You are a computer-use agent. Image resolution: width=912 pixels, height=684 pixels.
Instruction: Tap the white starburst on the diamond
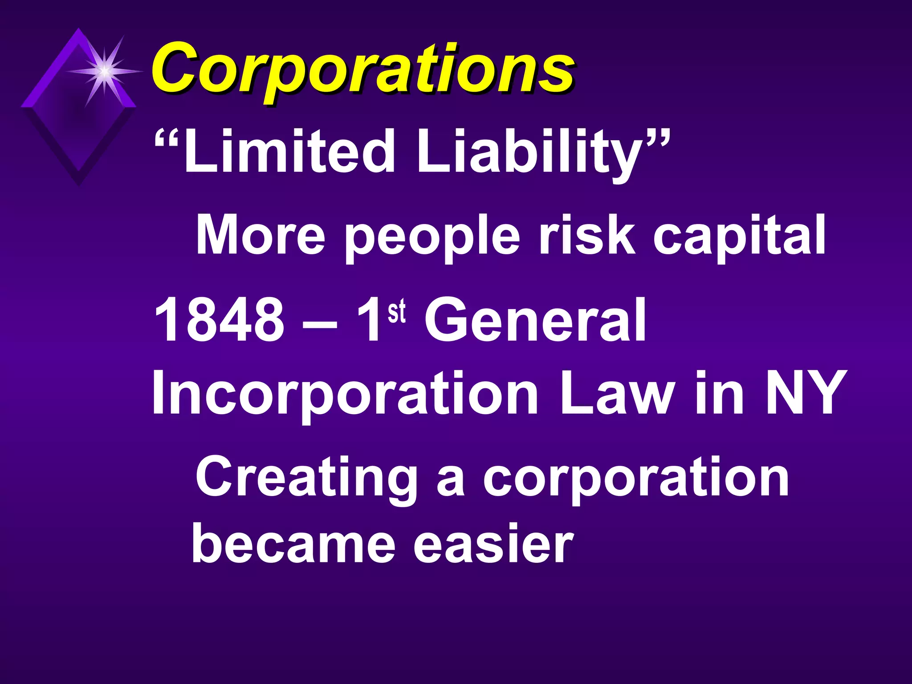coord(104,71)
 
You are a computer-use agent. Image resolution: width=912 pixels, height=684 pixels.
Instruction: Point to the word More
coord(261,235)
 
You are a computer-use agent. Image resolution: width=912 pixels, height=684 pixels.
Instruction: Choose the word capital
coord(739,237)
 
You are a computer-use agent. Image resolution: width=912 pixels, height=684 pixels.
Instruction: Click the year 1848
coord(219,320)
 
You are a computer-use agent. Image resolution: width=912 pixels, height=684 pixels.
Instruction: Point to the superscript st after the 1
coord(397,312)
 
